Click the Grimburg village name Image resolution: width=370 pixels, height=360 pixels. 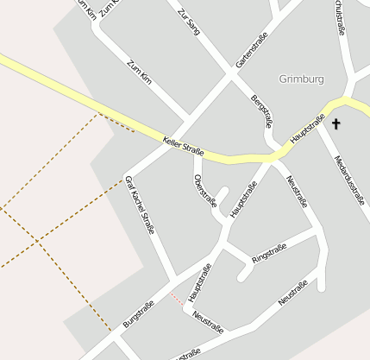[302, 79]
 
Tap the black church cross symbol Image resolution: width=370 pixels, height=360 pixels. [336, 124]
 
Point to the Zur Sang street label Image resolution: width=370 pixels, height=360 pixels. [189, 22]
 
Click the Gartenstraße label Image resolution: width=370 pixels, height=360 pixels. [252, 50]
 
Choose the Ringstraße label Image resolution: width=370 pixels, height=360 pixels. [268, 254]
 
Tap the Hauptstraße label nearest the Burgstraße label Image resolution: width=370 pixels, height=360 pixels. [199, 281]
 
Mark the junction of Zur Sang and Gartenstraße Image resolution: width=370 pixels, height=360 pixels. [231, 74]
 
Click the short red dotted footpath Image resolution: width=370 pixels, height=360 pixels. [177, 300]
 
